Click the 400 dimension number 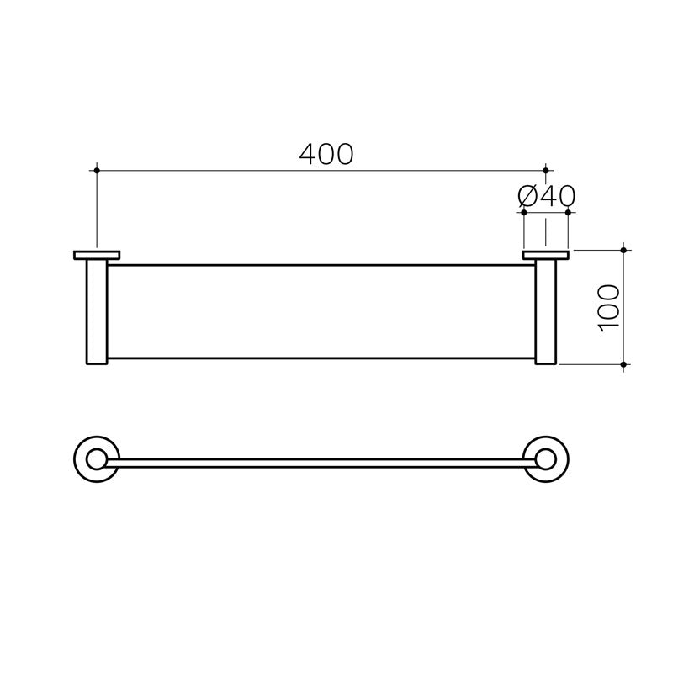pyautogui.click(x=326, y=154)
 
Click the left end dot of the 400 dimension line pyautogui.click(x=98, y=171)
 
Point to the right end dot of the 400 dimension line pyautogui.click(x=546, y=171)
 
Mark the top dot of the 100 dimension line pyautogui.click(x=623, y=250)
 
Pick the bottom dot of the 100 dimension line pyautogui.click(x=623, y=365)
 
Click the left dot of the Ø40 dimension pyautogui.click(x=523, y=212)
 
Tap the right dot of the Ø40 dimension pyautogui.click(x=569, y=212)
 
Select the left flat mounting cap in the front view pyautogui.click(x=98, y=254)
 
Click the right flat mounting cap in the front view pyautogui.click(x=545, y=254)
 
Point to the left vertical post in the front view pyautogui.click(x=98, y=311)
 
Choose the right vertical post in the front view pyautogui.click(x=545, y=311)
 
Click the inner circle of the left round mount pyautogui.click(x=97, y=459)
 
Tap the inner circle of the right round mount pyautogui.click(x=546, y=459)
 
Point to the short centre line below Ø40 pyautogui.click(x=545, y=231)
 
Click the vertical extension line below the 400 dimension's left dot pyautogui.click(x=98, y=210)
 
